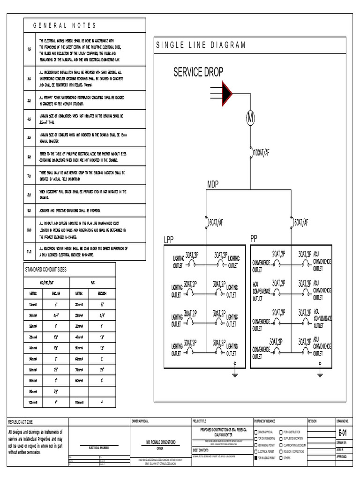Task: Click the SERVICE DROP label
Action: [x=198, y=72]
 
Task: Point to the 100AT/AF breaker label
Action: [x=261, y=152]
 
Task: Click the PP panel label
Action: [x=254, y=238]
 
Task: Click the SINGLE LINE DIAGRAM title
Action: [x=201, y=45]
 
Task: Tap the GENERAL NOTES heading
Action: [x=65, y=25]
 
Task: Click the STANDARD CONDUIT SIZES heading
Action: [x=45, y=270]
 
